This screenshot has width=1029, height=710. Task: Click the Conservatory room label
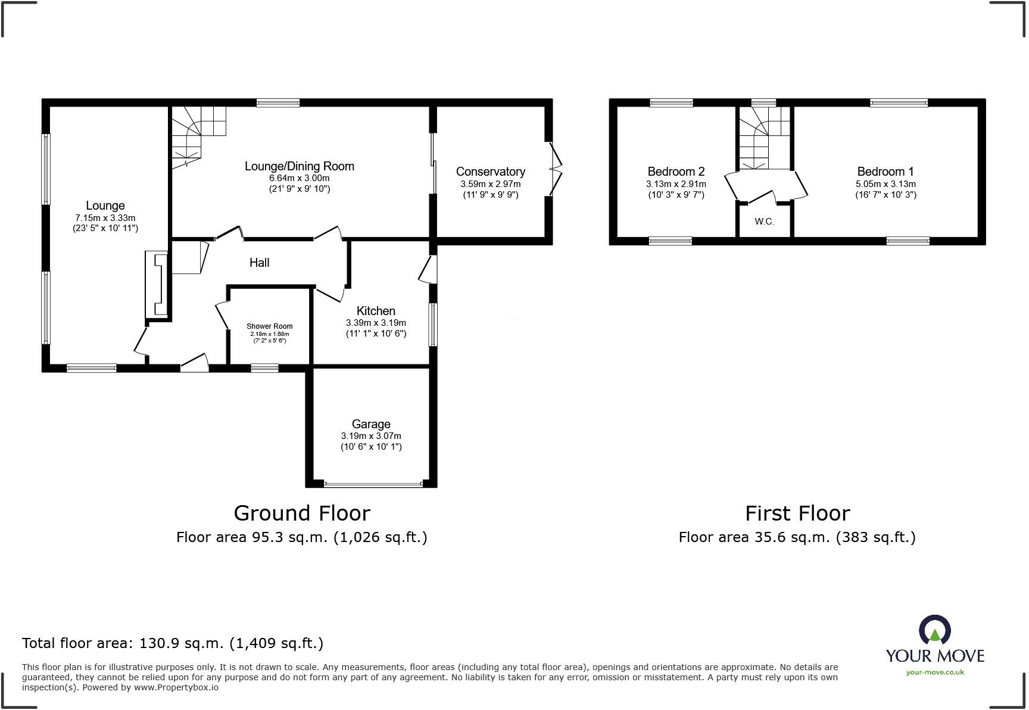[491, 172]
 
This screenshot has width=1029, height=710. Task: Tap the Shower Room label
[270, 326]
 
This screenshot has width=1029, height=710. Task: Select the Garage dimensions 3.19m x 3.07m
[371, 436]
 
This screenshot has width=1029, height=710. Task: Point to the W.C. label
[765, 222]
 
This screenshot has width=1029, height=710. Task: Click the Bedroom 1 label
[885, 172]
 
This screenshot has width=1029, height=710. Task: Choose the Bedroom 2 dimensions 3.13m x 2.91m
[676, 184]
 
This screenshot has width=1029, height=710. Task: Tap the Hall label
[260, 263]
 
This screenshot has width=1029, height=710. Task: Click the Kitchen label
[376, 311]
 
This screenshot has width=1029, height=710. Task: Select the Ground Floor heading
[302, 513]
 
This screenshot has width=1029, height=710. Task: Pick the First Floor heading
[797, 513]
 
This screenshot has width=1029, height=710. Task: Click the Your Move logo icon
[935, 630]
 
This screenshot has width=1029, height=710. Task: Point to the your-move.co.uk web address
[935, 672]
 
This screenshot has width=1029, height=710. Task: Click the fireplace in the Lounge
[158, 284]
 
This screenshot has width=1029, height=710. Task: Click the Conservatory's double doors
[554, 169]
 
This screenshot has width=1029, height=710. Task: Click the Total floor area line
[173, 643]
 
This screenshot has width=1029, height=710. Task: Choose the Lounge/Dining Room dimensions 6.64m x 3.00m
[299, 178]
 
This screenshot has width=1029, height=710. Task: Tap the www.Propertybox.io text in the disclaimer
[176, 687]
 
